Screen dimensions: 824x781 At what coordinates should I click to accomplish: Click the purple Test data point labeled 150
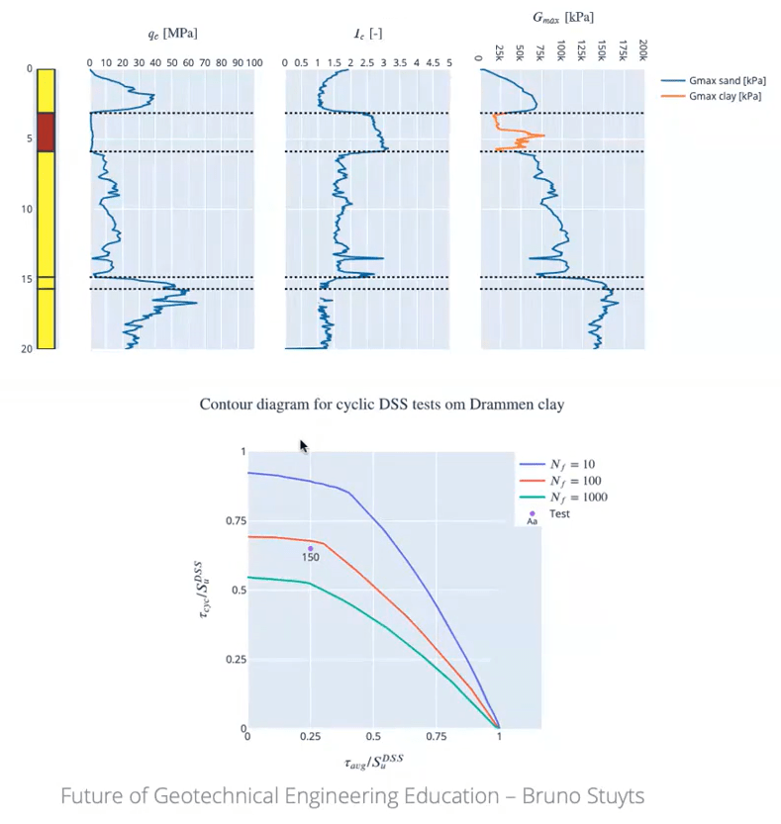tap(310, 548)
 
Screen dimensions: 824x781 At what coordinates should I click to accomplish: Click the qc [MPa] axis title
tap(172, 34)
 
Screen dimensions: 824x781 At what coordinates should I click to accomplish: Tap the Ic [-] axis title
tap(367, 34)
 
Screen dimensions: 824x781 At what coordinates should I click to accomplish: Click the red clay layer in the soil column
tap(46, 132)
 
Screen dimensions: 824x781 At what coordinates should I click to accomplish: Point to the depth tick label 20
tap(27, 348)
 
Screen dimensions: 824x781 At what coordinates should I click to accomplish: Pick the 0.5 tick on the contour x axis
tap(373, 737)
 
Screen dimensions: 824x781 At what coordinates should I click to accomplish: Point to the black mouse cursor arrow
tap(304, 446)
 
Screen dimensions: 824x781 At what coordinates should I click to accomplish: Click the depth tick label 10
tap(27, 209)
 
